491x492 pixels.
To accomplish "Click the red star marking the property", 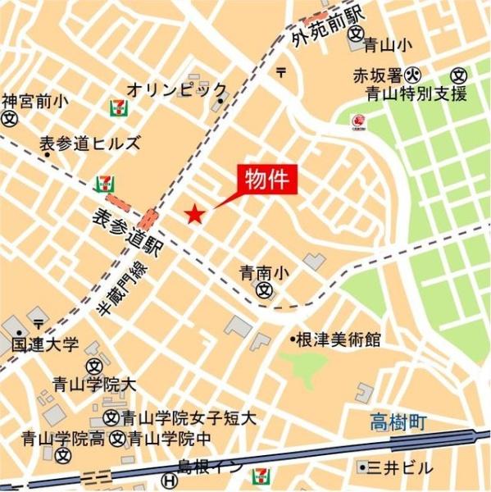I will coord(194,214).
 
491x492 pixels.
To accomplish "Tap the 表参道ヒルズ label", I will coord(89,144).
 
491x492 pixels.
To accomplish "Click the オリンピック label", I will coord(176,88).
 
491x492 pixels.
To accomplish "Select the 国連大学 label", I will coord(46,344).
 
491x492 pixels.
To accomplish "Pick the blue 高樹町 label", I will coord(397,423).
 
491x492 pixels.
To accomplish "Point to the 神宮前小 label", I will coord(34,102).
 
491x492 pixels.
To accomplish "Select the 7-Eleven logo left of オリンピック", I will coord(116,106).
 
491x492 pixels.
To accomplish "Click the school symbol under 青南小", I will coord(264,289).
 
